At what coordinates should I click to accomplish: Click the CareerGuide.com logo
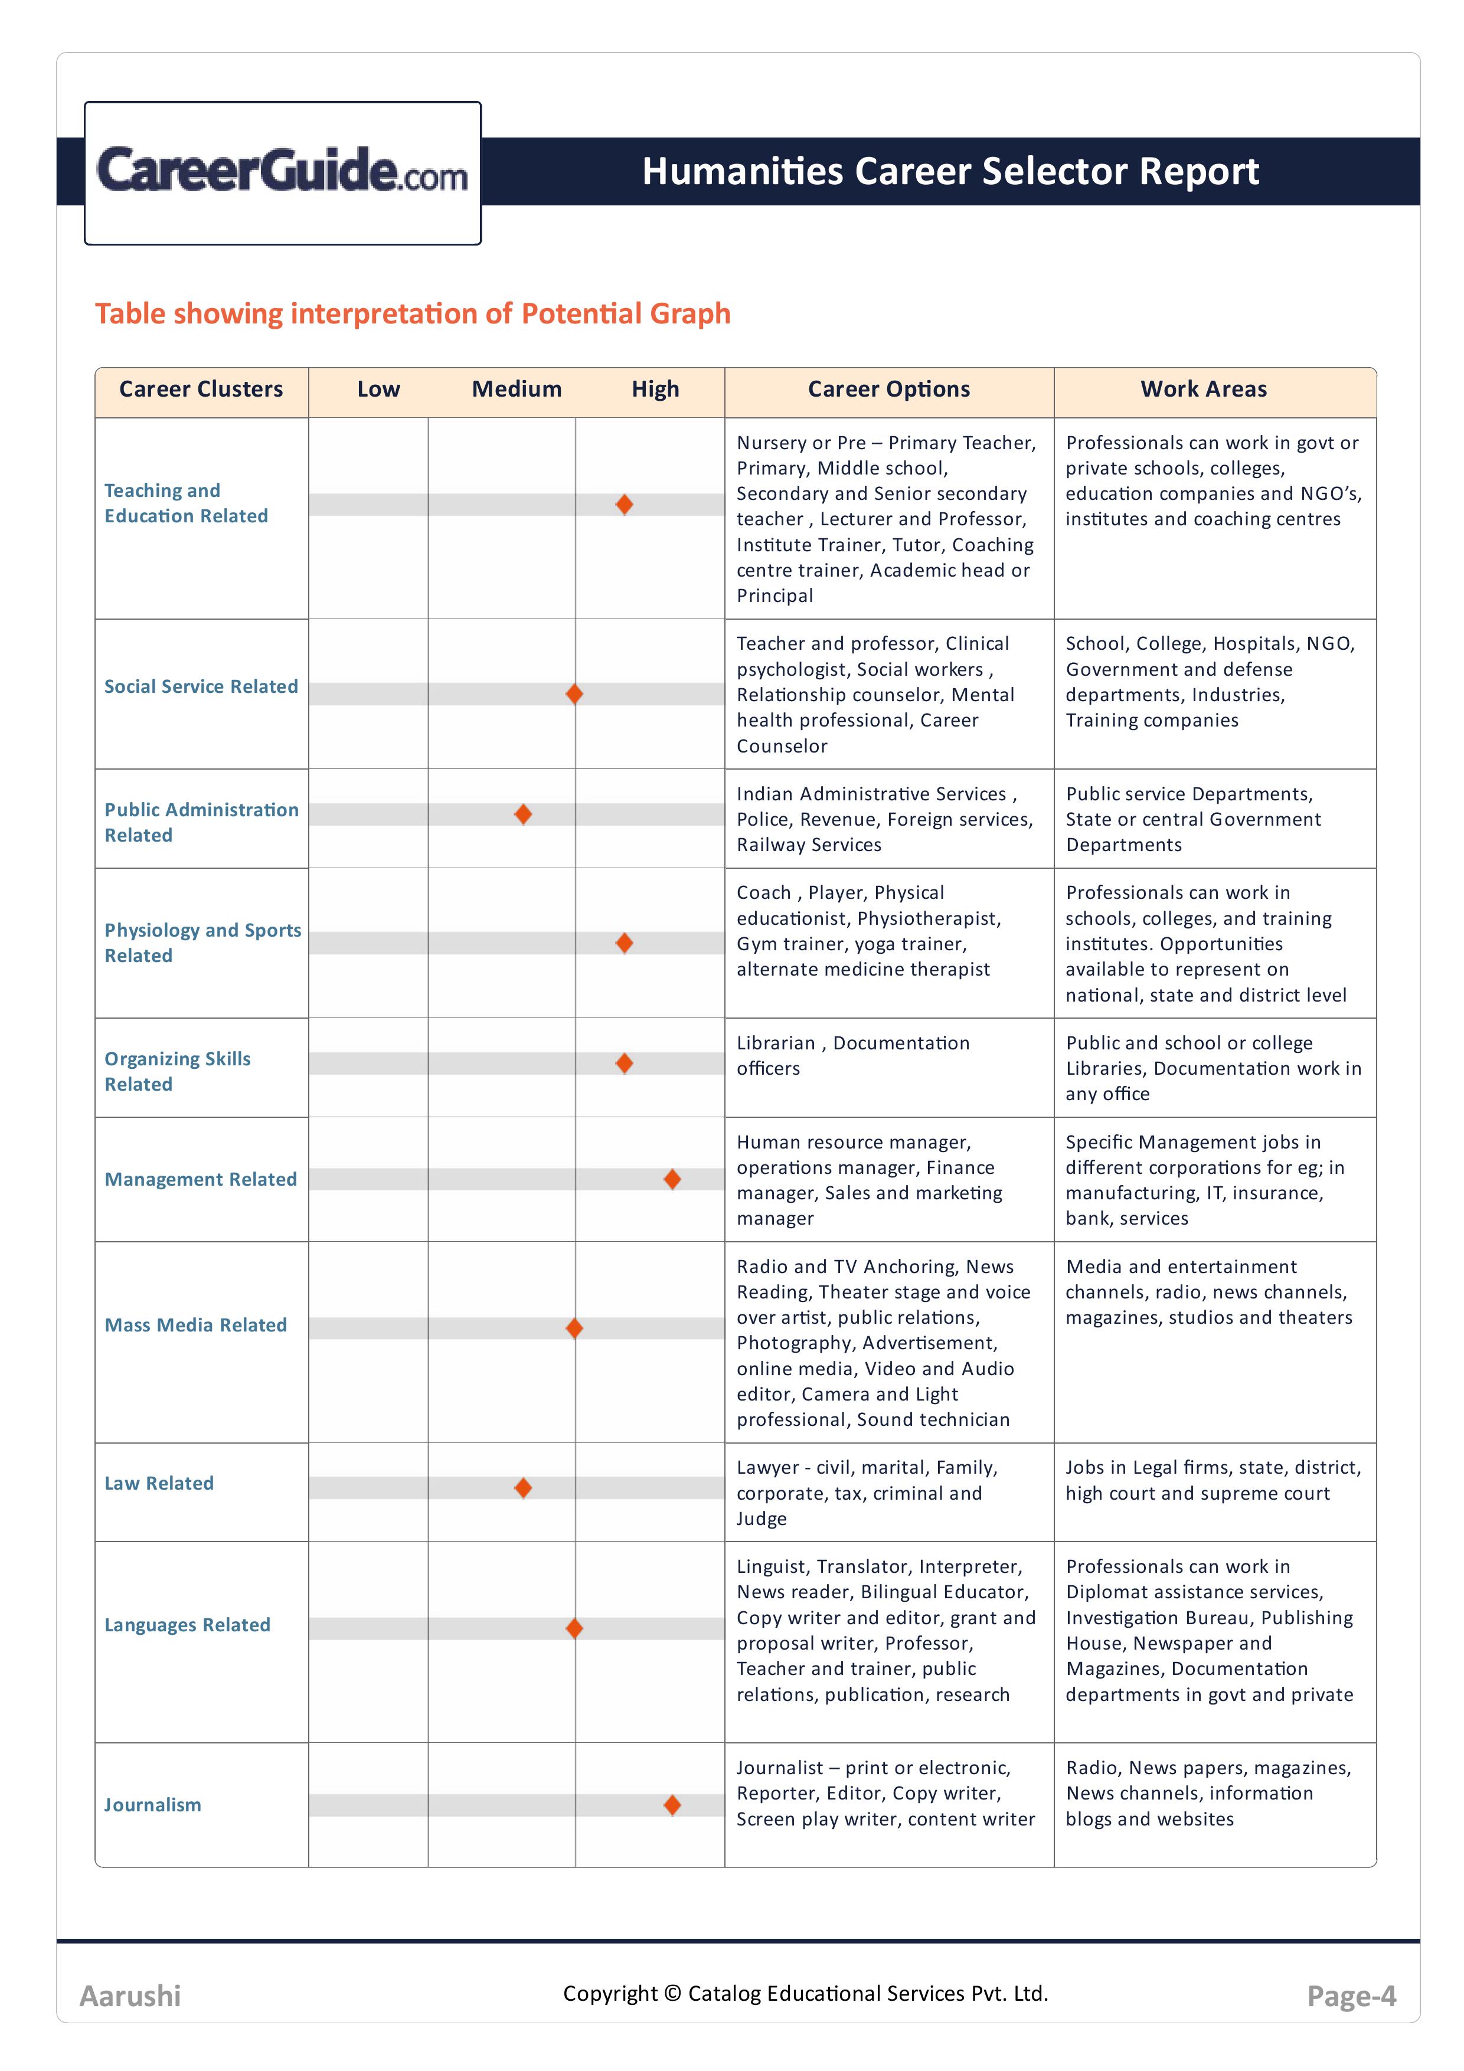coord(282,171)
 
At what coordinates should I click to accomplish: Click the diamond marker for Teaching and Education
coord(624,504)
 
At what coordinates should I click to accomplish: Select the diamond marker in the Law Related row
coord(523,1487)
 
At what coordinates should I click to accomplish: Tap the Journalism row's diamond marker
coord(672,1805)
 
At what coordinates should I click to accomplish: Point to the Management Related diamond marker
coord(672,1179)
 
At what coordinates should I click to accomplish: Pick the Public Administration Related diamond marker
coord(523,814)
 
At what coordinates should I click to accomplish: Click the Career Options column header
coord(888,390)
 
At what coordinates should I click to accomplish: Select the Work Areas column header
coord(1203,390)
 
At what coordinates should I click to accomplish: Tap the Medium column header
coord(517,390)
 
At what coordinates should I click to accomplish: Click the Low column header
coord(378,390)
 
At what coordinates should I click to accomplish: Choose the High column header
coord(655,390)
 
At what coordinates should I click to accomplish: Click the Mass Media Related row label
coord(196,1325)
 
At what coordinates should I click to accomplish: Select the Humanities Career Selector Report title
coord(950,171)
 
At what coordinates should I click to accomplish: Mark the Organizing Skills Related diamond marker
coord(624,1064)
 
